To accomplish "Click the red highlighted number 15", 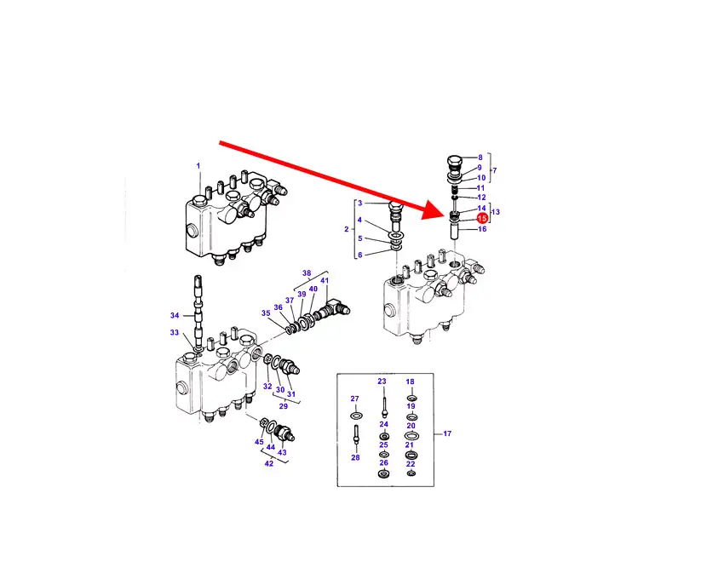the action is pyautogui.click(x=482, y=218).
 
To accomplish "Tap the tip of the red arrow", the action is pyautogui.click(x=447, y=213).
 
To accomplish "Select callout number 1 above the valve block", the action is pyautogui.click(x=198, y=166).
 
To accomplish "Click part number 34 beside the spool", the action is pyautogui.click(x=175, y=315).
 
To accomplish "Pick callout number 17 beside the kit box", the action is pyautogui.click(x=447, y=433).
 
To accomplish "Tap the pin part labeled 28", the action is pyautogui.click(x=356, y=434).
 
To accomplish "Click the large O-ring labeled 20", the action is pyautogui.click(x=411, y=435).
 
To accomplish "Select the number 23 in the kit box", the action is pyautogui.click(x=382, y=381).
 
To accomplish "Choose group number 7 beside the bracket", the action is pyautogui.click(x=495, y=170).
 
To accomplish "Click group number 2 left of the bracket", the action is pyautogui.click(x=346, y=229).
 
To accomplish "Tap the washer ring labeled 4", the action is pyautogui.click(x=396, y=235).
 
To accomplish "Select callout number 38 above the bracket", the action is pyautogui.click(x=307, y=272).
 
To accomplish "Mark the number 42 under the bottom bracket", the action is pyautogui.click(x=268, y=463).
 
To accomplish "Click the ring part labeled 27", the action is pyautogui.click(x=356, y=416).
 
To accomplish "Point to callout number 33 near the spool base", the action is pyautogui.click(x=175, y=332).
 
